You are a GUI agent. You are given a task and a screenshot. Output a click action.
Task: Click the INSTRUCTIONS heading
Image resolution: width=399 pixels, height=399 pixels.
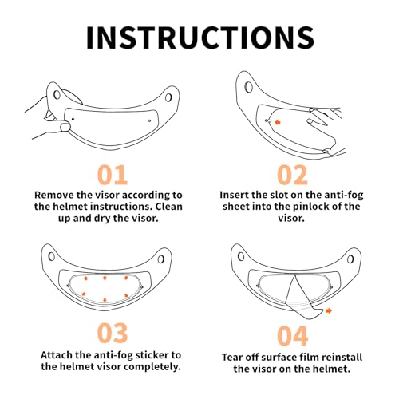pyautogui.click(x=200, y=38)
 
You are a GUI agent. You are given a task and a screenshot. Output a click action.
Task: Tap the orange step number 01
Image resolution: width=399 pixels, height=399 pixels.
pyautogui.click(x=113, y=175)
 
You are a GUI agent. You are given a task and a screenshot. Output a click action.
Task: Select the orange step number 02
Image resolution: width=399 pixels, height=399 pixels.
pyautogui.click(x=292, y=175)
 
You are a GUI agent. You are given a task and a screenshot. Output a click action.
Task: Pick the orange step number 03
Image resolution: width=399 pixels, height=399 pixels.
pyautogui.click(x=113, y=333)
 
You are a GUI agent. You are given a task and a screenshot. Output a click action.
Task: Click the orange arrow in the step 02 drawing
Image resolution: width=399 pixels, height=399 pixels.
pyautogui.click(x=278, y=122)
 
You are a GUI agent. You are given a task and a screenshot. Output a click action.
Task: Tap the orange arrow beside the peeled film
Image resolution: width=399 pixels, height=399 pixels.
pyautogui.click(x=329, y=310)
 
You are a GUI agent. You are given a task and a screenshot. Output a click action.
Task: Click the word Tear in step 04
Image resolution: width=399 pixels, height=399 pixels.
pyautogui.click(x=232, y=357)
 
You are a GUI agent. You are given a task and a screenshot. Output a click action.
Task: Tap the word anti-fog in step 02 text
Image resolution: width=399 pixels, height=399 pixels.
pyautogui.click(x=344, y=196)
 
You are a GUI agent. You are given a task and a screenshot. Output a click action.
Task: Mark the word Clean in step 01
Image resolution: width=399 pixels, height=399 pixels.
pyautogui.click(x=169, y=207)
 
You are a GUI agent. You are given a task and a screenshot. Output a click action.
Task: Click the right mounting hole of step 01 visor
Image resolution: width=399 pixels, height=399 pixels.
pyautogui.click(x=168, y=97)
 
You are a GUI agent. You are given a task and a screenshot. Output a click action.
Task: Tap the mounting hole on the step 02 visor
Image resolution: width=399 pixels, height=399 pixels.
pyautogui.click(x=249, y=87)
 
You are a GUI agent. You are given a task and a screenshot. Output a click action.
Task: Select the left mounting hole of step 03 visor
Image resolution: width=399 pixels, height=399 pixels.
pyautogui.click(x=52, y=257)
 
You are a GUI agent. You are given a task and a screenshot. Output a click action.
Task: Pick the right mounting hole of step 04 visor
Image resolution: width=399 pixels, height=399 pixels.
pyautogui.click(x=350, y=259)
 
